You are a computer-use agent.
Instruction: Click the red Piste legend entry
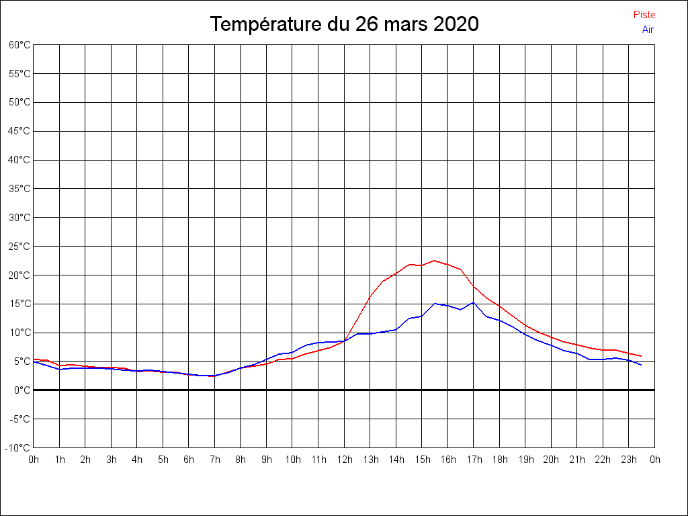pyautogui.click(x=644, y=15)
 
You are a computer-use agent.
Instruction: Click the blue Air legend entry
pyautogui.click(x=648, y=29)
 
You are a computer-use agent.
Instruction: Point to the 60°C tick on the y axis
pyautogui.click(x=19, y=45)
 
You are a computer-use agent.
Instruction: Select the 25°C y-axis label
pyautogui.click(x=19, y=247)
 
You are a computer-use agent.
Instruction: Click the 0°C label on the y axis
pyautogui.click(x=22, y=390)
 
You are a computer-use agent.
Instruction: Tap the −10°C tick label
pyautogui.click(x=18, y=447)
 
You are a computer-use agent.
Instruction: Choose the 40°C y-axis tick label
pyautogui.click(x=19, y=160)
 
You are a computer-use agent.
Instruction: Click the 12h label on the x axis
pyautogui.click(x=344, y=460)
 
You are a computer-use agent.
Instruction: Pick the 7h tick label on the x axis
pyautogui.click(x=215, y=460)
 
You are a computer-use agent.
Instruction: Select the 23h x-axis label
pyautogui.click(x=629, y=460)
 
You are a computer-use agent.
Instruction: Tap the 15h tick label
pyautogui.click(x=422, y=460)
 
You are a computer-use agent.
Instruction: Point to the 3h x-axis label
pyautogui.click(x=112, y=460)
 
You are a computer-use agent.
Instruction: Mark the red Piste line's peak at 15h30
pyautogui.click(x=435, y=261)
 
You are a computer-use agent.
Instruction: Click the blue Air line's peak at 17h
pyautogui.click(x=474, y=302)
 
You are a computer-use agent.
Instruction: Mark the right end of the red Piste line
pyautogui.click(x=642, y=356)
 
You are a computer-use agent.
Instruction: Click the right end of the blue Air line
pyautogui.click(x=642, y=365)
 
